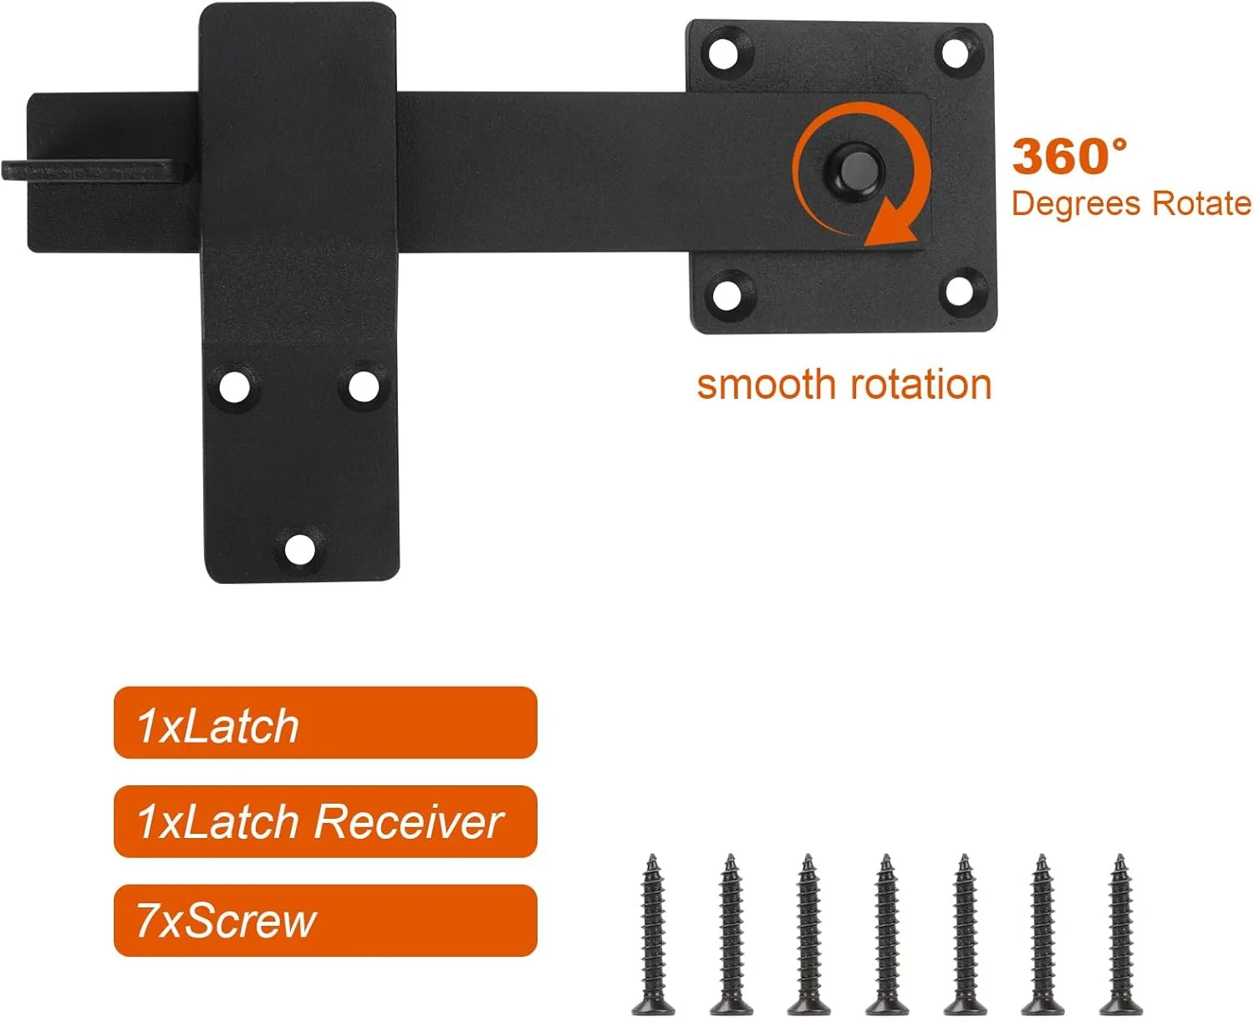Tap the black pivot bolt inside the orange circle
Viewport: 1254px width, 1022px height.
(x=854, y=169)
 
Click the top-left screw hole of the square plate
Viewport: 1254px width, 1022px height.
(x=723, y=54)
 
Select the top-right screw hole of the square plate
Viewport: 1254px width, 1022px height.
(x=955, y=53)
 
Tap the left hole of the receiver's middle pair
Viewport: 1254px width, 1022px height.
(x=235, y=387)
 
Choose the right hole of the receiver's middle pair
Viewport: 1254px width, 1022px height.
(x=364, y=387)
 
